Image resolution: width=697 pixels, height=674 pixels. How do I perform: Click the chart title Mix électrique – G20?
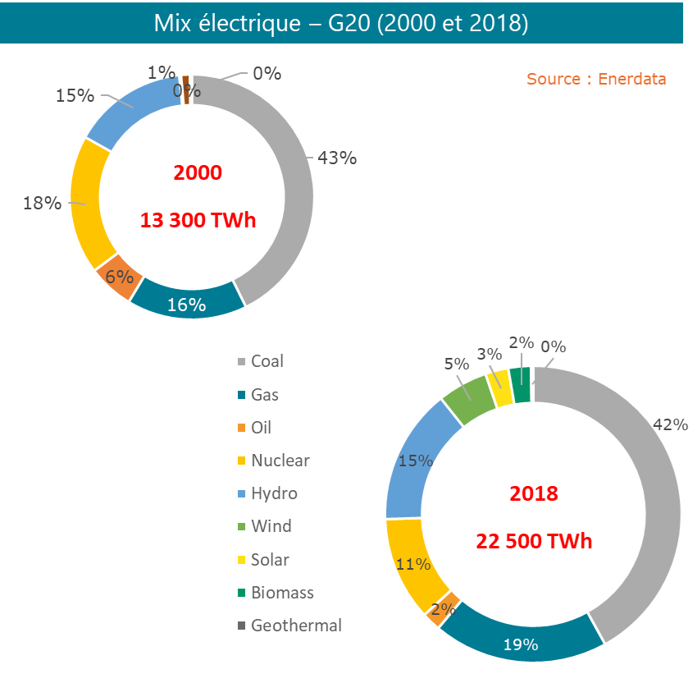coord(340,23)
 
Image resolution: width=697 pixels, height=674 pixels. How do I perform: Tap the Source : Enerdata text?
coord(595,79)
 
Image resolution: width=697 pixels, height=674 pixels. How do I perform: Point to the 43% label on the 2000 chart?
coord(337,158)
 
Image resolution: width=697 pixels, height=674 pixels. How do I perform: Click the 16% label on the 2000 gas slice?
coord(186,305)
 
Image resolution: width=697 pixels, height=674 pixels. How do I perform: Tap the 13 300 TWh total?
coord(198,221)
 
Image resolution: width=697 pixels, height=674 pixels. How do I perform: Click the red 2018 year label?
coord(534,493)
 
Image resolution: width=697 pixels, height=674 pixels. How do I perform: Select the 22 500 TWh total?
coord(534,542)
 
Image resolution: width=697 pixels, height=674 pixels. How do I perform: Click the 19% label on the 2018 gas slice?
coord(521,644)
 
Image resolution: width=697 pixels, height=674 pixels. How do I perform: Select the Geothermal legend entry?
coord(296,625)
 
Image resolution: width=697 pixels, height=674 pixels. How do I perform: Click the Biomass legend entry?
coord(282,592)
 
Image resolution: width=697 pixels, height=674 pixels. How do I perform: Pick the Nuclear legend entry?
coord(280,461)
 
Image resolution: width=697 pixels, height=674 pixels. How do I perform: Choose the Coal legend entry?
coord(267,361)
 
